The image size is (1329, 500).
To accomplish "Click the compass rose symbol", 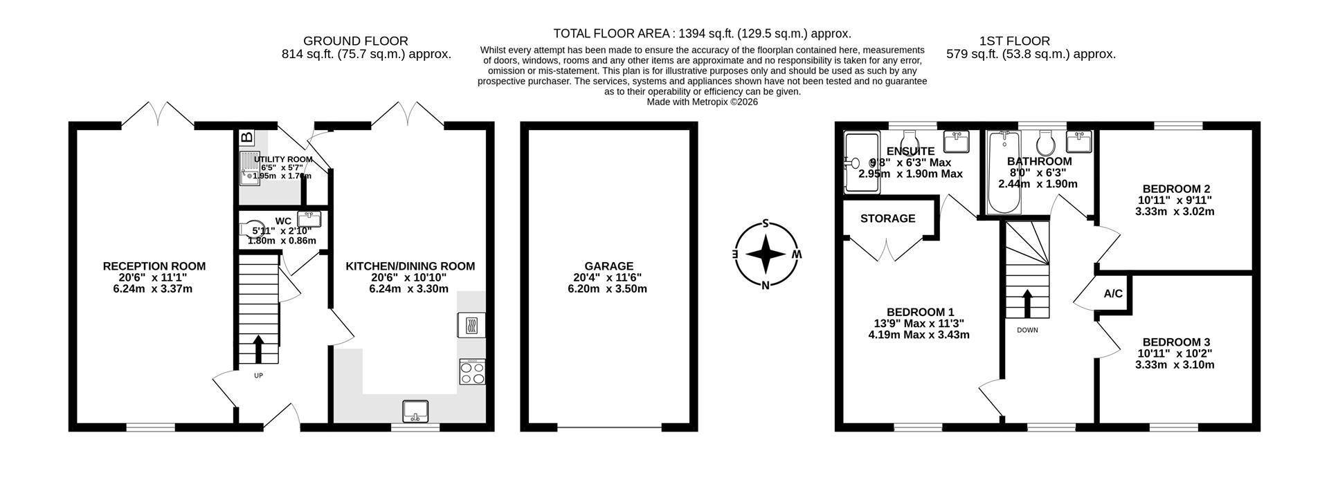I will point(766,254).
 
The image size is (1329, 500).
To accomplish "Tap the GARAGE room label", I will point(608,266).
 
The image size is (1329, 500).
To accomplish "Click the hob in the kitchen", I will point(472,372).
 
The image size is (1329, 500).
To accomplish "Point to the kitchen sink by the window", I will point(416,411).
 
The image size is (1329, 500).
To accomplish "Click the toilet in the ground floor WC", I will point(249,229).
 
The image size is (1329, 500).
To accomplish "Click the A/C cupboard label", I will point(1113,294).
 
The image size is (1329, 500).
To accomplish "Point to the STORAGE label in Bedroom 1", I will point(887,219).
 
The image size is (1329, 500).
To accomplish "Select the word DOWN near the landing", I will point(1027,330).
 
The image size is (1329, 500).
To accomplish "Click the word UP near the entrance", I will point(258,376).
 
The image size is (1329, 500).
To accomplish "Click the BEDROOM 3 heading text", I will point(1176,342).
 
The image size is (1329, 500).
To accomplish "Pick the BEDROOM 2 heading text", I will point(1176,189).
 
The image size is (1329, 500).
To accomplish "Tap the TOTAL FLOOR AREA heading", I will point(702,33).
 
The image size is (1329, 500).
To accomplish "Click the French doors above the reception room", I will point(160,114).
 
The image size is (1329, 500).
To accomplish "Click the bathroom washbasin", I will point(1079,142).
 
